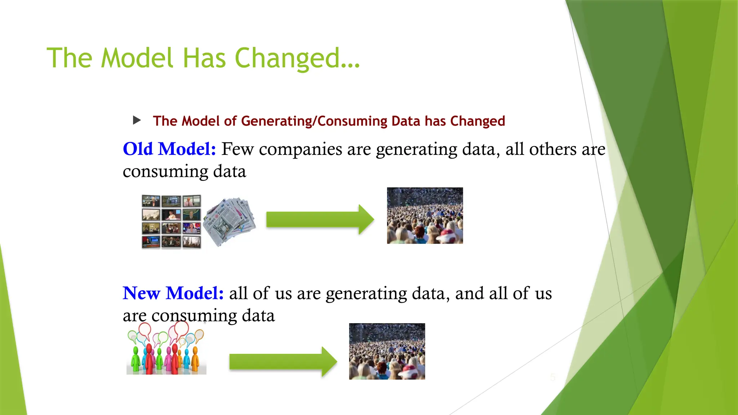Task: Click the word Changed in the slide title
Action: coord(297,58)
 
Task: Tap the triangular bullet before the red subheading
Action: coord(137,120)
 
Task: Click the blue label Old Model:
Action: coord(169,149)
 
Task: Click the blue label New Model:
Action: coord(173,293)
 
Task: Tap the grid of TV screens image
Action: coord(171,222)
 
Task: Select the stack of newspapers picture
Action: coord(230,221)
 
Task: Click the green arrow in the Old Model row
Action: coord(320,219)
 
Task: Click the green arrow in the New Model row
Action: coord(283,361)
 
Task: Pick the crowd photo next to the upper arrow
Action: coord(425,215)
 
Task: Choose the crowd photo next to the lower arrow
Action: coord(387,351)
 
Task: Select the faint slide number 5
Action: coord(553,377)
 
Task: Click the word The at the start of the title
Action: coord(70,58)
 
